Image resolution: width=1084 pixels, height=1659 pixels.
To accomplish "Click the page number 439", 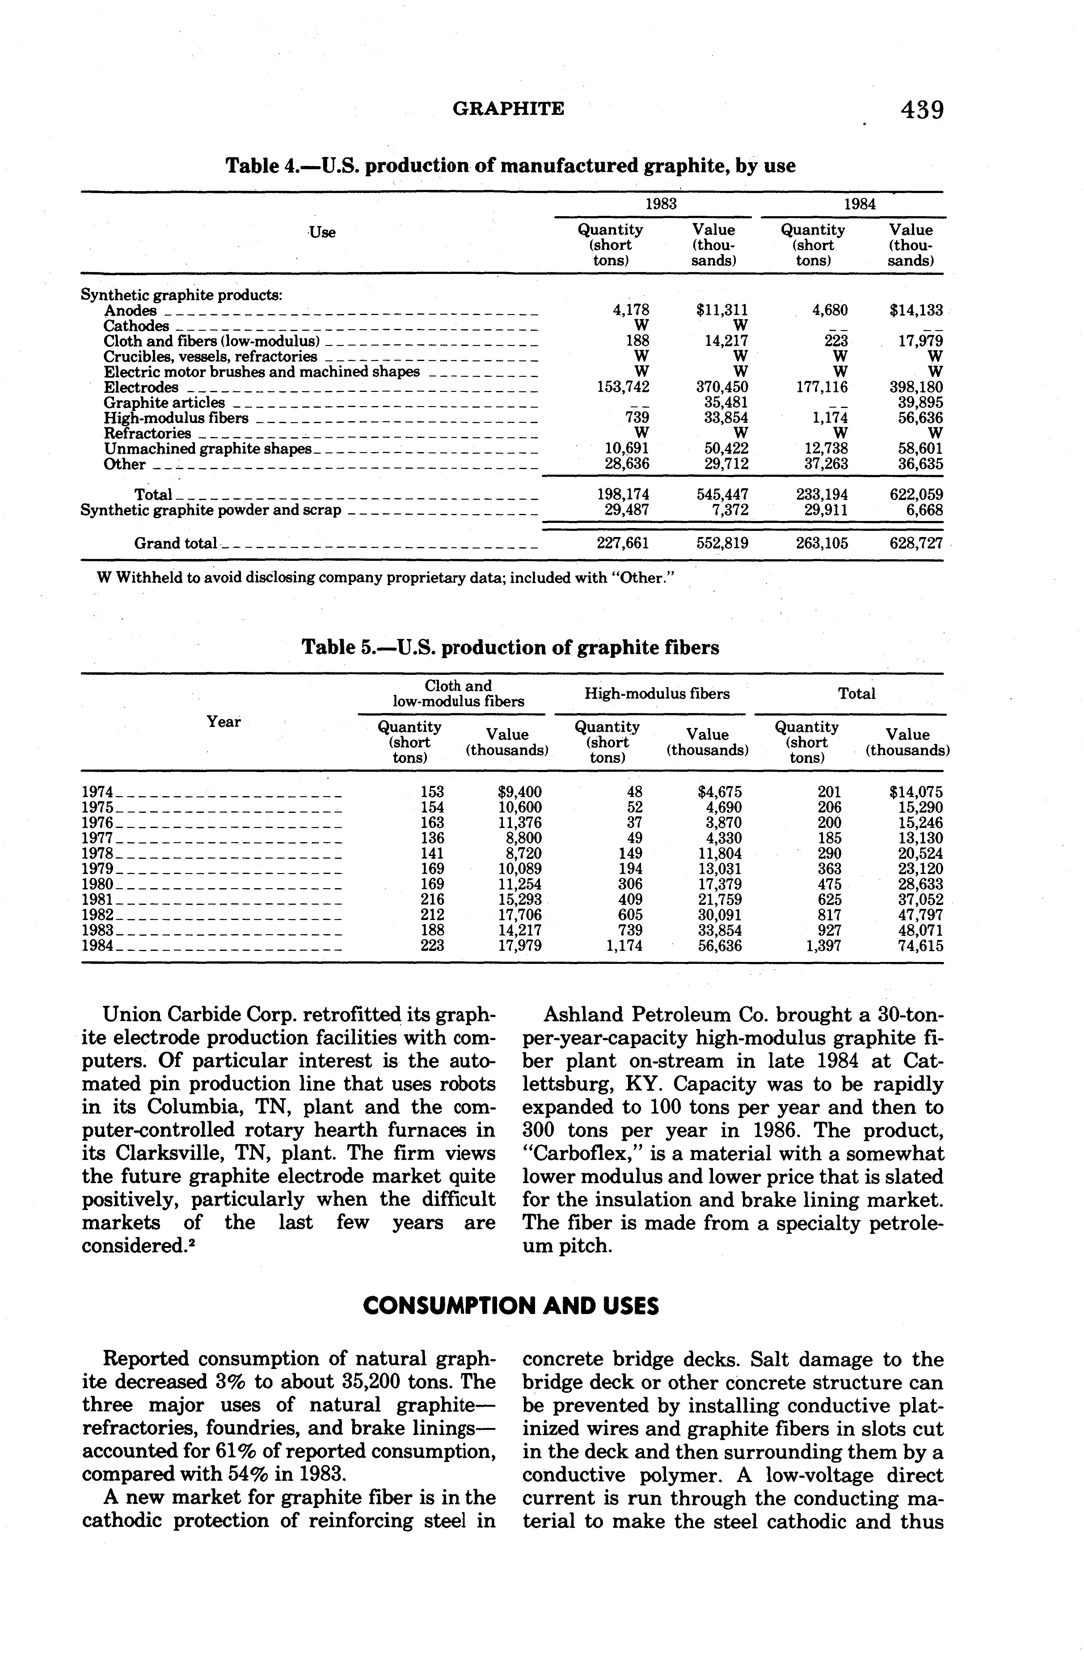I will [x=922, y=110].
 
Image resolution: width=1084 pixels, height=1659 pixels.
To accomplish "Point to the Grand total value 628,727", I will [x=916, y=543].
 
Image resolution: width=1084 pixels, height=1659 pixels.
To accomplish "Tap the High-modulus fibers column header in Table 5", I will [x=657, y=694].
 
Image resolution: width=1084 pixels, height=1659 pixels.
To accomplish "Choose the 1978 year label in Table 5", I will [x=98, y=853].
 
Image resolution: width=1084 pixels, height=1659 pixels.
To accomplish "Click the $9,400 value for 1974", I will [x=519, y=792].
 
